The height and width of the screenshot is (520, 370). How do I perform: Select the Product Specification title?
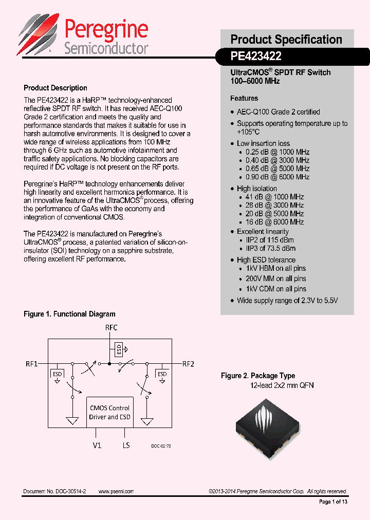tap(286, 40)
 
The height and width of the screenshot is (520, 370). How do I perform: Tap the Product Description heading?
tap(55, 88)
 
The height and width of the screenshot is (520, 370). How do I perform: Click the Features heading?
tap(244, 98)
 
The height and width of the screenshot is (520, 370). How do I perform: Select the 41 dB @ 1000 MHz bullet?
tap(274, 197)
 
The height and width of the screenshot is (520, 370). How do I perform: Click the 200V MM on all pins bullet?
tap(275, 278)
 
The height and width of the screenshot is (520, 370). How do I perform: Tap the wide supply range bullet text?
tap(287, 301)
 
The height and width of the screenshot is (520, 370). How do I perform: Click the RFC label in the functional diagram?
tap(111, 327)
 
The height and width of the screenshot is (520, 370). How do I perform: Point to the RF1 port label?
tap(32, 364)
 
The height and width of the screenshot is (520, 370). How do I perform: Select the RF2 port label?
tap(188, 364)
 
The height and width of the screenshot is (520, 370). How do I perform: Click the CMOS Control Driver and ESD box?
tap(109, 412)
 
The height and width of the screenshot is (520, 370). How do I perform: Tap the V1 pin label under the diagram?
tap(97, 445)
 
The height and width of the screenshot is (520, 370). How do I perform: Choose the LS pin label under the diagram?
tap(126, 445)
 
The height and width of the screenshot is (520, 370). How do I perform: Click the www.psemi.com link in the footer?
tap(116, 491)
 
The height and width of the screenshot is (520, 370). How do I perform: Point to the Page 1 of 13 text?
tap(333, 502)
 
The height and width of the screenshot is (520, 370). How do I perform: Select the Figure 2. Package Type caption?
tap(258, 376)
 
